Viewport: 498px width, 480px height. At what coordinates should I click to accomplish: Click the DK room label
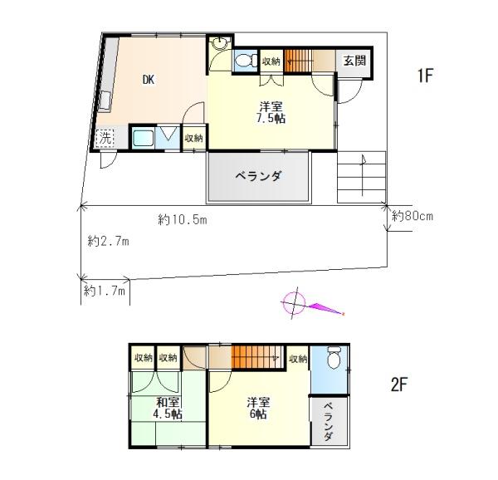point(149,80)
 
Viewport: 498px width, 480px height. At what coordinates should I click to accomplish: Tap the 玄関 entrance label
point(354,61)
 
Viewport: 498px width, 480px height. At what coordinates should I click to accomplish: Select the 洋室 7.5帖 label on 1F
point(271,112)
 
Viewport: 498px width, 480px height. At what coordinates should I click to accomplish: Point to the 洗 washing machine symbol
point(105,138)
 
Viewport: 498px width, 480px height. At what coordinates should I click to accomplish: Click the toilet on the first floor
point(247,60)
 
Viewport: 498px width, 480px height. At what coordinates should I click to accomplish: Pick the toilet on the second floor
point(334,357)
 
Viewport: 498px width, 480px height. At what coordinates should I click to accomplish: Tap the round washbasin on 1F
point(219,43)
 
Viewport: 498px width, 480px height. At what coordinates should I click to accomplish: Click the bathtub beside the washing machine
point(143,138)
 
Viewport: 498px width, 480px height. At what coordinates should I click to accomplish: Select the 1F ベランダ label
point(258,176)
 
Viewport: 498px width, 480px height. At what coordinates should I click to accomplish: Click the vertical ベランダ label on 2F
point(329,422)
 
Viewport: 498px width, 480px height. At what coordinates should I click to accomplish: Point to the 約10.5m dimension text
point(183,219)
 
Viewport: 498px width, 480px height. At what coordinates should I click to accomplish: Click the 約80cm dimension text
point(413,216)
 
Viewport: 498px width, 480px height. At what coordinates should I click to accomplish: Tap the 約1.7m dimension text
point(105,291)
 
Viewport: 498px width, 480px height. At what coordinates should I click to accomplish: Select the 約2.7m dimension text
point(108,242)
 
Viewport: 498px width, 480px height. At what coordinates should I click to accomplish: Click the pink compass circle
point(294,303)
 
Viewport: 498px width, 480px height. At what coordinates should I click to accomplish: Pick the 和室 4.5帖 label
point(168,408)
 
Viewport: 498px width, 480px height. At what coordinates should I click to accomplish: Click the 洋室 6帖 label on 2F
point(258,408)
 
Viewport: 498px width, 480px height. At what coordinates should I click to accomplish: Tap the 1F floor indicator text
point(425,76)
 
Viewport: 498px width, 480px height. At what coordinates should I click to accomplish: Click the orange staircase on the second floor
point(257,357)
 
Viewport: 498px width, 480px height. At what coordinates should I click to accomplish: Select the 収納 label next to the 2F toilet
point(298,359)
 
